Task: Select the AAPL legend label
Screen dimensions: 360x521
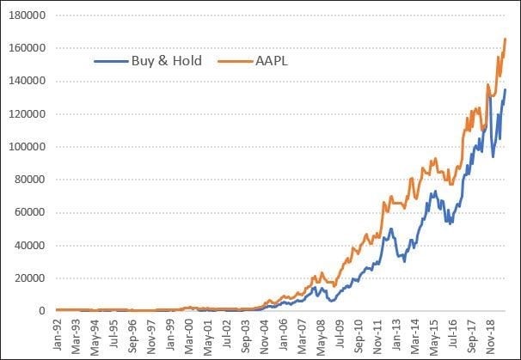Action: tap(264, 61)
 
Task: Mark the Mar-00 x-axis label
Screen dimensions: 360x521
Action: tap(187, 334)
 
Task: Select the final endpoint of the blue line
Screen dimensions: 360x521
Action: tap(506, 89)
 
